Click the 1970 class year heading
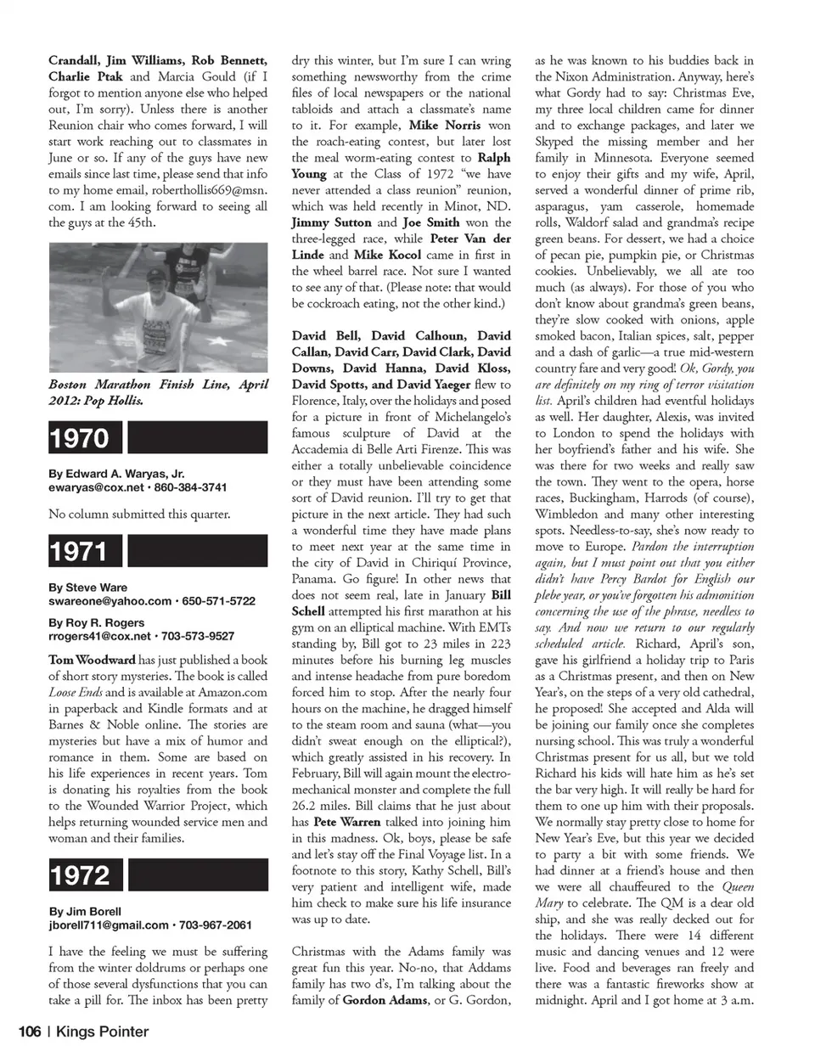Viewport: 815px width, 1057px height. click(x=79, y=438)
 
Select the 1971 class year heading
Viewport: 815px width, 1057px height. click(x=79, y=552)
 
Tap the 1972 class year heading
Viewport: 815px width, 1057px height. click(x=79, y=875)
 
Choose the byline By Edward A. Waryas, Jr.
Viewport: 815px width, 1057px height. click(x=116, y=474)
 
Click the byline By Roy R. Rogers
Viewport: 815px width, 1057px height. click(x=97, y=622)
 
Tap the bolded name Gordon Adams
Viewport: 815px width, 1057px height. click(x=385, y=1000)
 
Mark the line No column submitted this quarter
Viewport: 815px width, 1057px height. click(x=139, y=514)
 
